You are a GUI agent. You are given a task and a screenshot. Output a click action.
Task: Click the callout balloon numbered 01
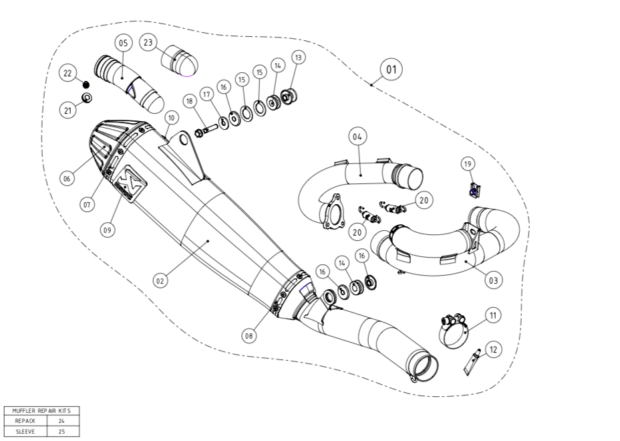point(392,69)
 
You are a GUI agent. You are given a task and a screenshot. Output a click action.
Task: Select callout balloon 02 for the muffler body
point(160,281)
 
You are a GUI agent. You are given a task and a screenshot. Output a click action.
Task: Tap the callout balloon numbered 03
point(493,280)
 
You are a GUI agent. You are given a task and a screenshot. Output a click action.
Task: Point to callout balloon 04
point(357,137)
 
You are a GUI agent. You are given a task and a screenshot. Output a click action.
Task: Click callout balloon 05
point(124,43)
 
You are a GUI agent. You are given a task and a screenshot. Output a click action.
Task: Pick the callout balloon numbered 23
point(148,42)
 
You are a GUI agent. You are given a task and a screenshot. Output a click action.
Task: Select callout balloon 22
point(67,73)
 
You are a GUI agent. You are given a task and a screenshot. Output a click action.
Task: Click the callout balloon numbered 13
point(298,58)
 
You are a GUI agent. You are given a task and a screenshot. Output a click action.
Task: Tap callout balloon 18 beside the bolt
point(190,101)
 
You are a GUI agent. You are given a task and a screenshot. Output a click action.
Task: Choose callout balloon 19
point(468,163)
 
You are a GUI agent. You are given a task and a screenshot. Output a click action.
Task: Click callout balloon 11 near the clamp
point(493,314)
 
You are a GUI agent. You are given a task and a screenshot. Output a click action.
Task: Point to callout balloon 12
point(493,349)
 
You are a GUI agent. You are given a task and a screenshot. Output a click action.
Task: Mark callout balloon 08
point(249,337)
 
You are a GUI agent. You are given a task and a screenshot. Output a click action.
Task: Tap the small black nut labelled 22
point(86,84)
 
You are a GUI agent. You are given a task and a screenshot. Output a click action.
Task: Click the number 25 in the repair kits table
point(61,432)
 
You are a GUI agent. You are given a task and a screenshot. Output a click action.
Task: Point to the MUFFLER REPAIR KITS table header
point(41,410)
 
